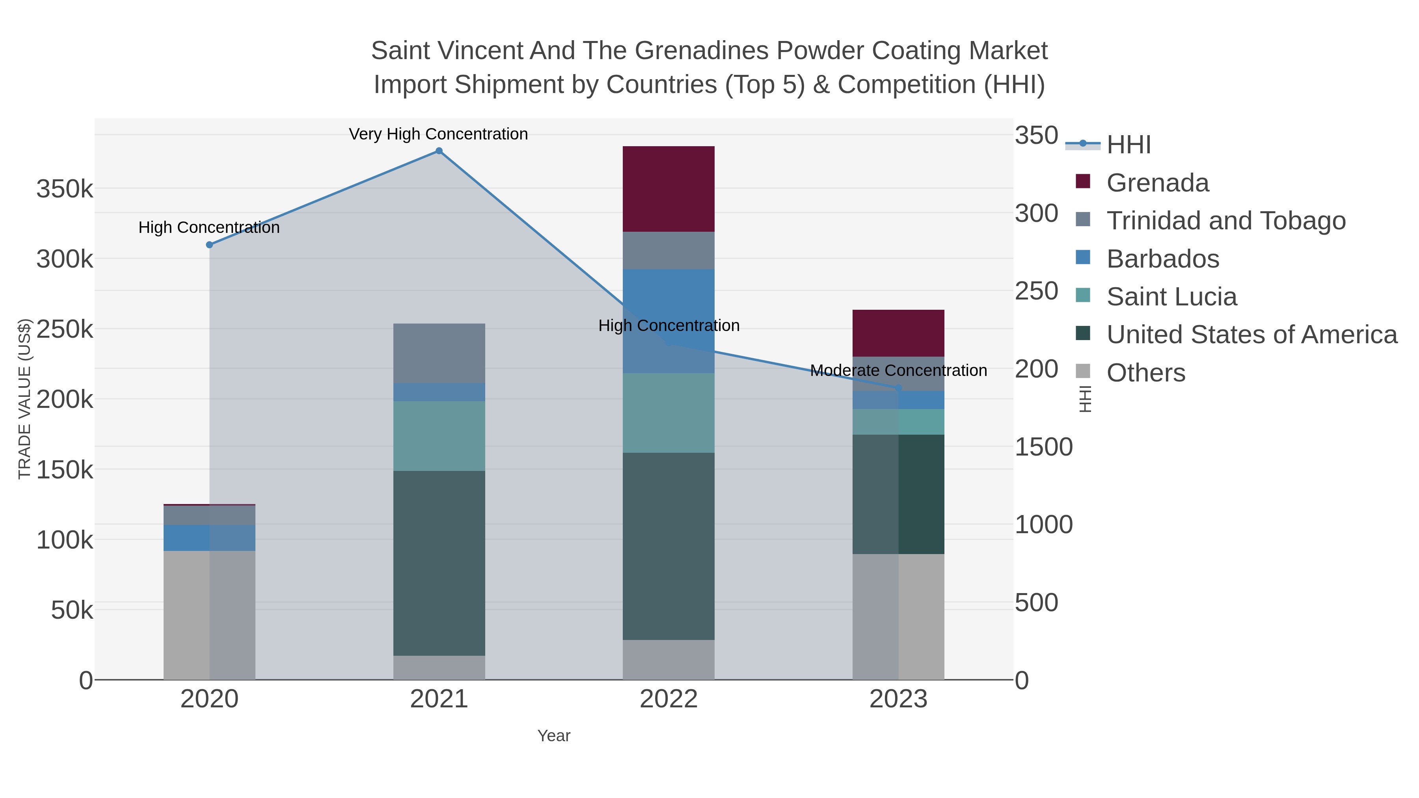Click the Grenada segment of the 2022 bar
coord(668,189)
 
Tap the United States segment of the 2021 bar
coord(439,563)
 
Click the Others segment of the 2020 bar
coord(209,615)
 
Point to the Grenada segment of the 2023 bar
coord(898,333)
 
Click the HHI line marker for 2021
coord(439,151)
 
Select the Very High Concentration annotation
coord(438,134)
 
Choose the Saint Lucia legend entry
coord(1172,297)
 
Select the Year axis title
coord(554,736)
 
